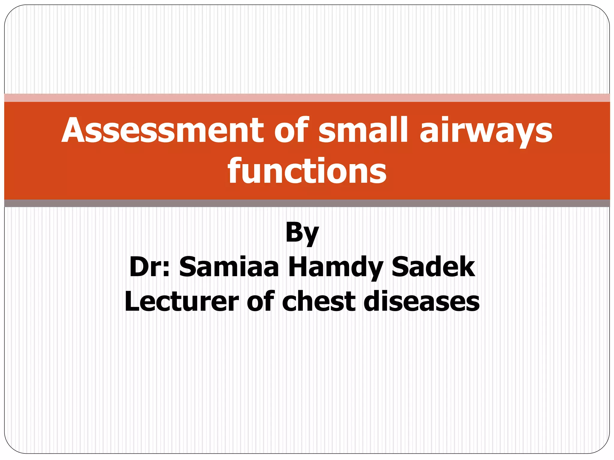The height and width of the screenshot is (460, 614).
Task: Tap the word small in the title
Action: [363, 131]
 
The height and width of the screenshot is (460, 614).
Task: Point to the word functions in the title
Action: [307, 171]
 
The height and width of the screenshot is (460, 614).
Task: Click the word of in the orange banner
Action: [291, 131]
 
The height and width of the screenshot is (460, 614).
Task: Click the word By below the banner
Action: [302, 233]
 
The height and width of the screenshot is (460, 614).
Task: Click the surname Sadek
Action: [433, 267]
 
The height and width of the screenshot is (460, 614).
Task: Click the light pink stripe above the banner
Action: [307, 98]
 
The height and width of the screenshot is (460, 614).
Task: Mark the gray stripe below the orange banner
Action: [307, 203]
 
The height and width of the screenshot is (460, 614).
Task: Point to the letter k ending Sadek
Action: [466, 267]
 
